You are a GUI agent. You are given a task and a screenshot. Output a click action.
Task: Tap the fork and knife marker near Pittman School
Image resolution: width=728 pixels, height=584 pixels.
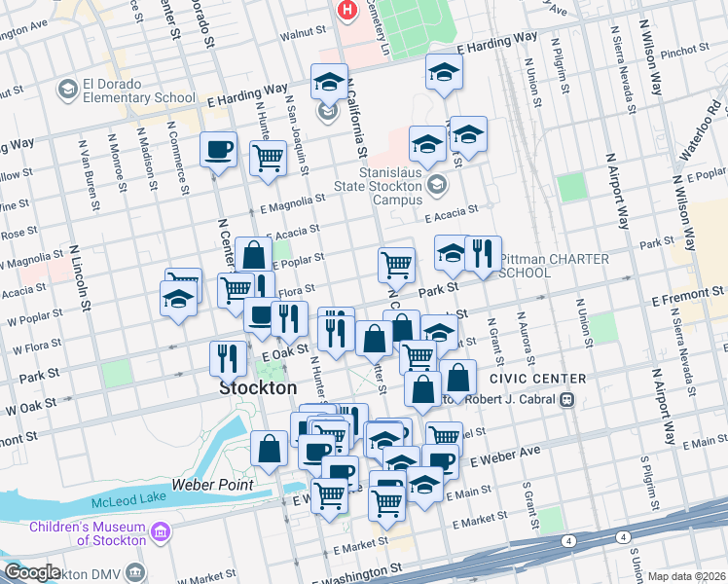click(x=483, y=255)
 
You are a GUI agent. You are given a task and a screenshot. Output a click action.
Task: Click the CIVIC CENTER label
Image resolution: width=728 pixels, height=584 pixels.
click(x=538, y=378)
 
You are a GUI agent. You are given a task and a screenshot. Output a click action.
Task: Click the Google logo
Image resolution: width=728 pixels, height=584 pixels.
click(x=31, y=572)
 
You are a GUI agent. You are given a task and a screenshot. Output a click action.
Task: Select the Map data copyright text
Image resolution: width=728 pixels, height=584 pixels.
click(x=686, y=576)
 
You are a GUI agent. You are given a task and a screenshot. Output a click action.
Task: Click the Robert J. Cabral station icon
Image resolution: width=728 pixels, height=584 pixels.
click(x=566, y=399)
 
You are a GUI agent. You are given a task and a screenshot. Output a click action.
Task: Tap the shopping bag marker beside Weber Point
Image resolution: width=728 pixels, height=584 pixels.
click(x=269, y=450)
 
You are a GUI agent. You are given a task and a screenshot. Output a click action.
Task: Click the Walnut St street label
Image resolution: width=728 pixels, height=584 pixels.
click(x=301, y=32)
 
